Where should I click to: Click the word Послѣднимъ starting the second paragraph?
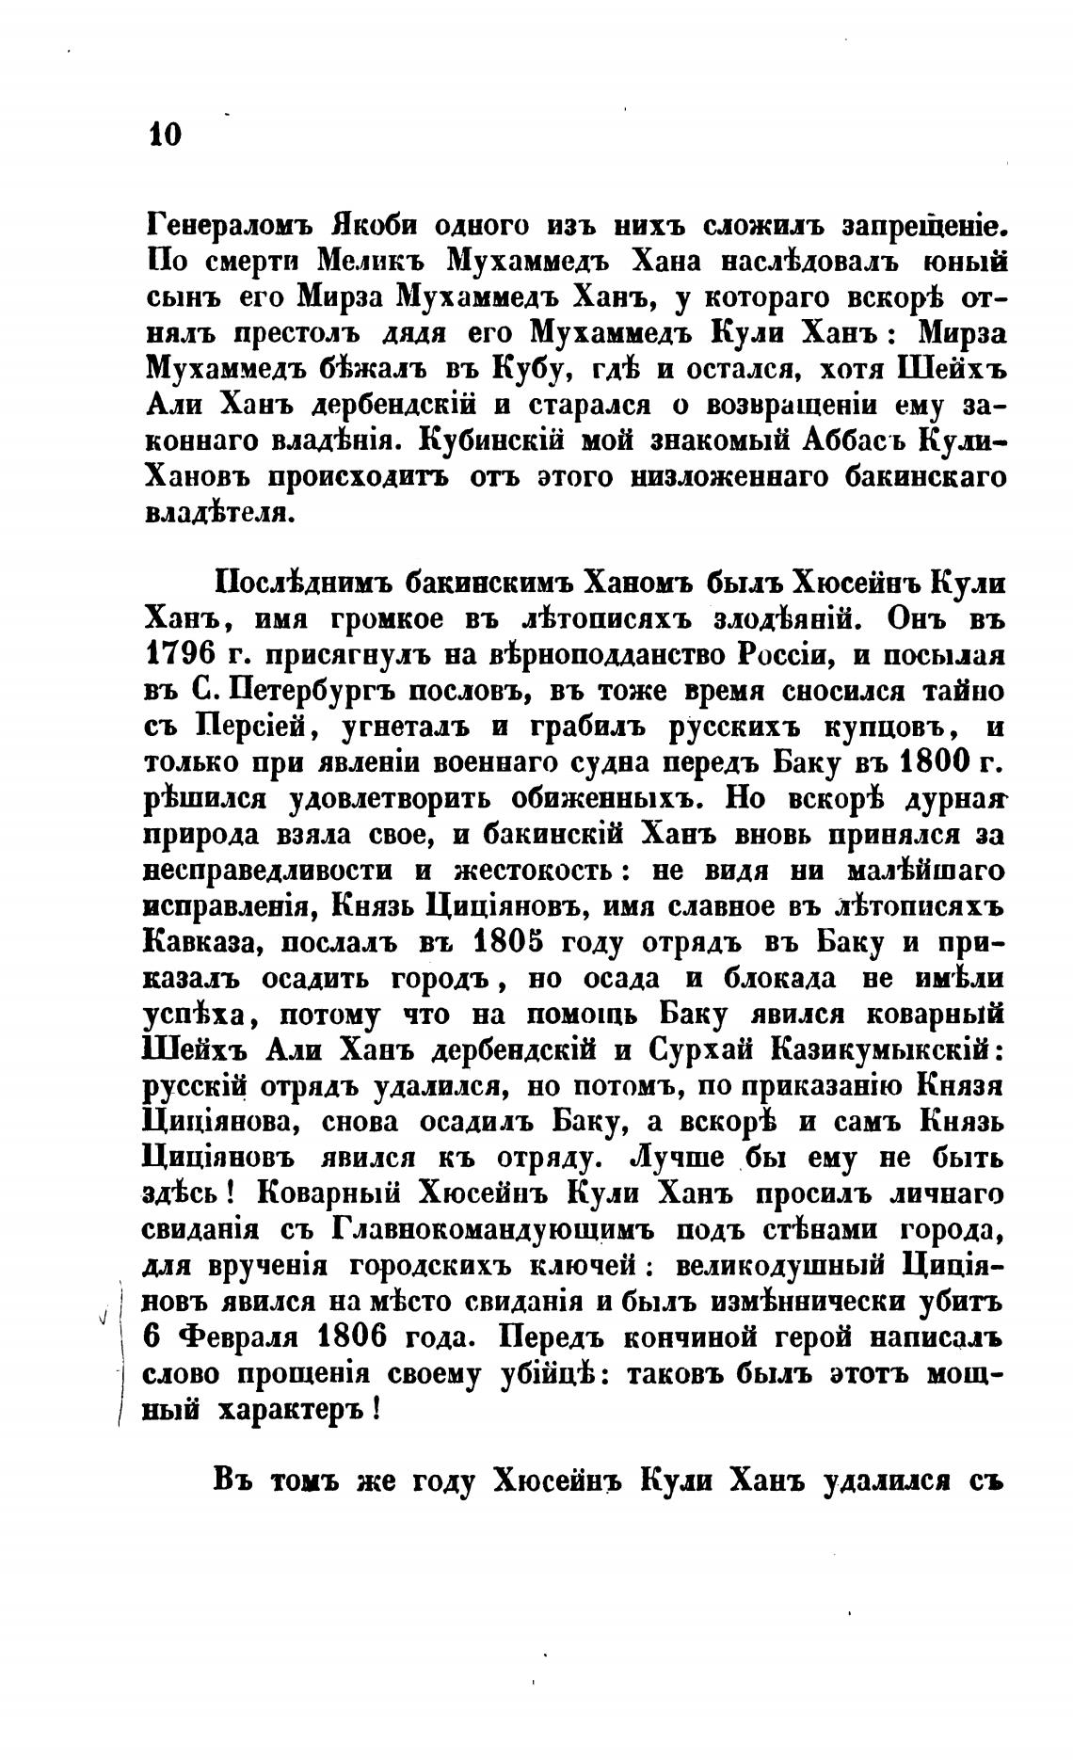click(298, 583)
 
